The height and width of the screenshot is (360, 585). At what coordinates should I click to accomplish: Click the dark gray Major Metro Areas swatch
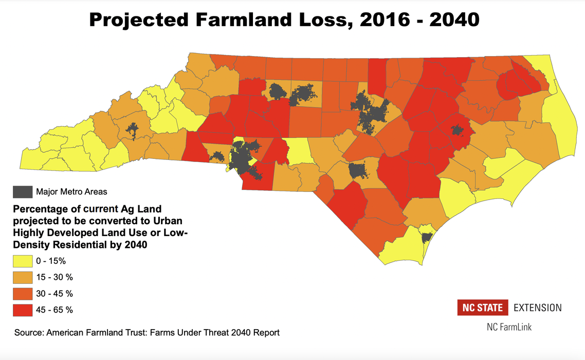coord(22,192)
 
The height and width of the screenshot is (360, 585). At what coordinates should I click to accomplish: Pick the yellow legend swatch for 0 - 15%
coord(22,261)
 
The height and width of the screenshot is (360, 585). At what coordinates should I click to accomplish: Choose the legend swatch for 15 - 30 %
coord(22,277)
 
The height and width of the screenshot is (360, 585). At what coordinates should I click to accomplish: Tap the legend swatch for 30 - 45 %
coord(22,294)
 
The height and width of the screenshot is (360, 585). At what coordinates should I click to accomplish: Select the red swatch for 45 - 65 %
coord(22,310)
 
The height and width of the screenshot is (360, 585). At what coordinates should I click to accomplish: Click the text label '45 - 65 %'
coord(54,310)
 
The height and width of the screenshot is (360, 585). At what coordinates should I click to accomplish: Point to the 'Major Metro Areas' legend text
coord(71,192)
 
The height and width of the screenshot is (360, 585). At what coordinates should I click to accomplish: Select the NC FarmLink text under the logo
coord(509,327)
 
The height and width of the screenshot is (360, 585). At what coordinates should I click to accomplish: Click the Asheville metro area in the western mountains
coord(133,130)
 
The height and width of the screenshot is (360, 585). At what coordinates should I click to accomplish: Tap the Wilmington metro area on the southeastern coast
coord(426,238)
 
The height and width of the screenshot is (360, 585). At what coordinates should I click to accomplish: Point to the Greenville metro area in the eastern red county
coord(456,130)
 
